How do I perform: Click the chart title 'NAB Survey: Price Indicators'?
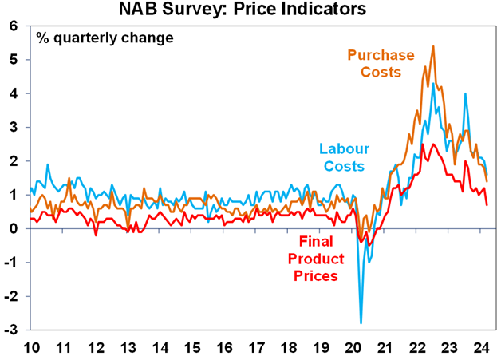tap(253, 10)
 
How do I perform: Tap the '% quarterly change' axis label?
tap(104, 38)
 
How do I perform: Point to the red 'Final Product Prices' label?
tap(322, 259)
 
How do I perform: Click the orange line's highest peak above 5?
tap(432, 46)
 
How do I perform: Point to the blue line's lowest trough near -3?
tap(361, 323)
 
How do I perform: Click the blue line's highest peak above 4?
tap(433, 83)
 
